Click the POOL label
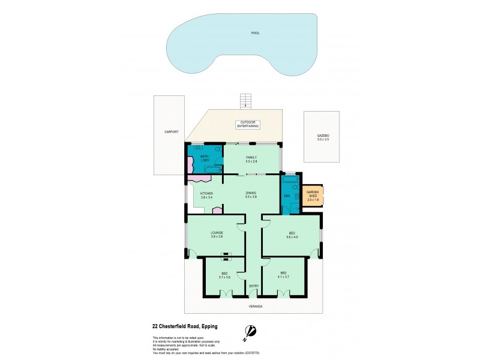pos(255,33)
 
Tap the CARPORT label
pos(172,131)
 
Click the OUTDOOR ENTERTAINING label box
pos(247,125)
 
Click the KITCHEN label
pos(207,193)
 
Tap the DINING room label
pos(251,193)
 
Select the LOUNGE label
pos(217,232)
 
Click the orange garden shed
pos(313,195)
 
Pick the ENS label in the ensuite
pos(287,196)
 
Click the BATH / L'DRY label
pos(205,160)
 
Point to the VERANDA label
pos(256,306)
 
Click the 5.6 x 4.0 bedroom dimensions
pos(292,236)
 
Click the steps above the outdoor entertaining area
pos(245,101)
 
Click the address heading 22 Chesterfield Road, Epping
pos(184,326)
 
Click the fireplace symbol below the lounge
pos(226,256)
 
